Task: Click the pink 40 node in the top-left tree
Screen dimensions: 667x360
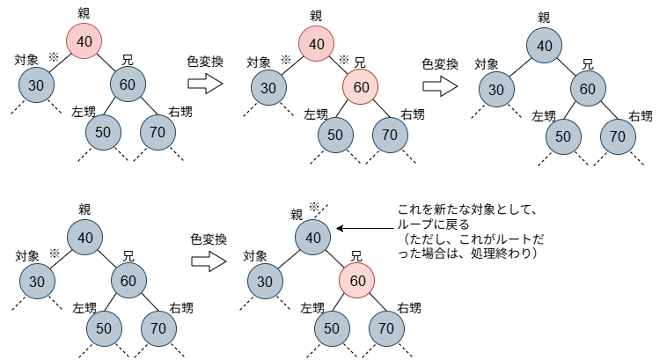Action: click(x=84, y=40)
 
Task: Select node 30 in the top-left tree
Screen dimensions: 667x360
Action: click(x=36, y=85)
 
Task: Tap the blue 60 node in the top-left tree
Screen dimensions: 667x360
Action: click(x=128, y=84)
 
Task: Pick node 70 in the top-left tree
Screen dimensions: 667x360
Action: click(x=158, y=132)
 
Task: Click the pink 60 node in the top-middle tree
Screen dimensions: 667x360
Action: click(x=360, y=87)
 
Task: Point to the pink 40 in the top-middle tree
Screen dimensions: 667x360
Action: click(x=317, y=44)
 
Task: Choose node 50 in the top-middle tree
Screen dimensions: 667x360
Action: click(x=335, y=135)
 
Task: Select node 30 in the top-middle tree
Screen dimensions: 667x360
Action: click(x=268, y=88)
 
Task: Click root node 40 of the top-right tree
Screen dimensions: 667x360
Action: click(x=545, y=46)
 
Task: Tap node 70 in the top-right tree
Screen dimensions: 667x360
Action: click(x=618, y=136)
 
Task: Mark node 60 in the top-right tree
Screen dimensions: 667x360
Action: click(x=588, y=89)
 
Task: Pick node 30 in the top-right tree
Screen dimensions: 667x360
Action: click(x=496, y=90)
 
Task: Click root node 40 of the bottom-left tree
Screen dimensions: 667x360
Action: click(x=85, y=237)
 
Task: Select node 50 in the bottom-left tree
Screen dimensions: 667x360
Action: click(x=104, y=328)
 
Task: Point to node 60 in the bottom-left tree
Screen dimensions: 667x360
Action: click(x=128, y=281)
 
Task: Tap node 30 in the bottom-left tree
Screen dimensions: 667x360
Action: click(x=37, y=282)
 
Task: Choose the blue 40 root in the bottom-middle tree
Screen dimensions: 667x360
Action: click(x=313, y=237)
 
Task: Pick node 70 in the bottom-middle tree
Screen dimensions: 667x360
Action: click(x=385, y=328)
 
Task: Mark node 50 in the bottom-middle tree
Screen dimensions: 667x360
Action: click(x=332, y=328)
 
